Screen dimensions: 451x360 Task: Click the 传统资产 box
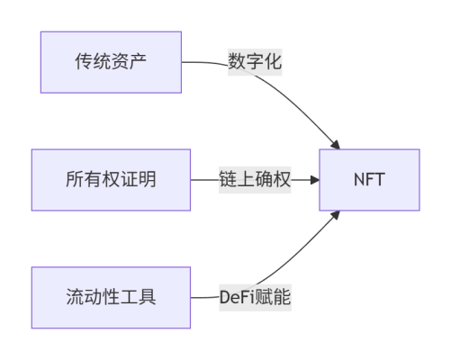[111, 62]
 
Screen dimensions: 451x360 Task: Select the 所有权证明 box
[111, 180]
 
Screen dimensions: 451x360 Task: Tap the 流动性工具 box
[111, 297]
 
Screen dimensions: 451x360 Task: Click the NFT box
[369, 180]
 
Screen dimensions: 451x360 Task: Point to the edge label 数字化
[255, 62]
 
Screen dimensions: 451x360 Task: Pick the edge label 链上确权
[255, 180]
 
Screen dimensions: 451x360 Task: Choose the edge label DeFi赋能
[255, 297]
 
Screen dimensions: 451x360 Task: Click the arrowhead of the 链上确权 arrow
[315, 180]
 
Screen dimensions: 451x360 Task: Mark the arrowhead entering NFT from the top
[336, 145]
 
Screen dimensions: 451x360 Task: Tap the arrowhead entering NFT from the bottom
[336, 215]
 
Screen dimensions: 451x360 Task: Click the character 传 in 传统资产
[84, 61]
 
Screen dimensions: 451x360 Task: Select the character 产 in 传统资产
[138, 61]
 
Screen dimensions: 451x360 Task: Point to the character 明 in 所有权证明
[147, 179]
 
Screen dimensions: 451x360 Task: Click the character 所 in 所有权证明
[75, 179]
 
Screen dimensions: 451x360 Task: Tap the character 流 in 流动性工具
[75, 297]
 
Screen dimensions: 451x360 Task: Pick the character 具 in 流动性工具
[147, 297]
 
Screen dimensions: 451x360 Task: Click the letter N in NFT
[360, 180]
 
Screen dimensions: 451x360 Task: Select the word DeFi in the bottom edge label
[238, 297]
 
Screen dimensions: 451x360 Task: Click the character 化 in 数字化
[273, 61]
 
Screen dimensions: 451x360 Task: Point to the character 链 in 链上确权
[228, 179]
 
